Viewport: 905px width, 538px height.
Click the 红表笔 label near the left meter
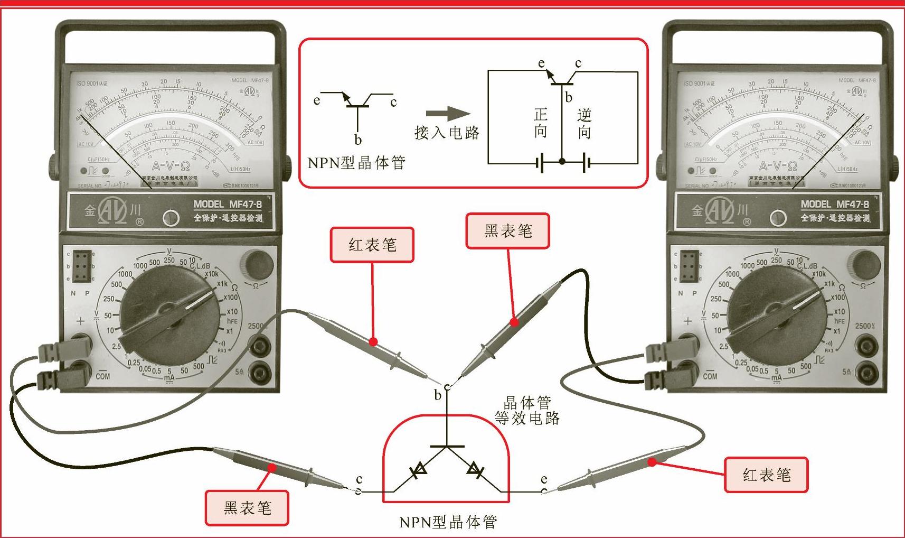coord(372,245)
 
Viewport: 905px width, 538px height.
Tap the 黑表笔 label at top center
coord(507,231)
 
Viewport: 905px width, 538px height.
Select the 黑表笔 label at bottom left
coord(247,508)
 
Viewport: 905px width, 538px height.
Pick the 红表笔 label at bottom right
coord(766,475)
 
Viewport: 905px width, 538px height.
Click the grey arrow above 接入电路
coord(448,113)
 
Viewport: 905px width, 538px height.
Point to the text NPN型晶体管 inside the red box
coord(357,162)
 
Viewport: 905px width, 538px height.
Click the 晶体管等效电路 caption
coord(527,411)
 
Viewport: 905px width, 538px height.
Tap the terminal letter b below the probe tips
coord(437,395)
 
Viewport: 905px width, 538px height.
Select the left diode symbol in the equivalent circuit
coord(420,469)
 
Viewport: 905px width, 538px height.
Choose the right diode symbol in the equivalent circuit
coord(475,469)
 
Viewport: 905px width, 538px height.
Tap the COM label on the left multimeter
coord(103,376)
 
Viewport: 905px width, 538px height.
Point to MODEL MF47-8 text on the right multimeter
coord(835,205)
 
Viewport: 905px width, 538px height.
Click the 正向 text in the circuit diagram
coord(541,123)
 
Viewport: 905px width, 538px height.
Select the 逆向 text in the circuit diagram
coord(584,123)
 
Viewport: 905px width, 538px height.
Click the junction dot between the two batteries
coord(562,161)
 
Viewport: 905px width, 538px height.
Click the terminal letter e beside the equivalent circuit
coord(544,479)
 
